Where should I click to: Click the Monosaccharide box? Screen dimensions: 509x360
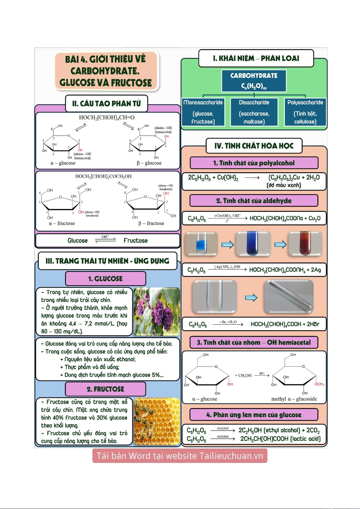[x=203, y=112]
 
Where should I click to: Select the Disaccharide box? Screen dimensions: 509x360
[x=254, y=112]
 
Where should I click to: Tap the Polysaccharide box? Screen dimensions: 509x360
[x=305, y=112]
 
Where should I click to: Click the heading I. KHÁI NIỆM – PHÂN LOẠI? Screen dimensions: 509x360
[x=256, y=58]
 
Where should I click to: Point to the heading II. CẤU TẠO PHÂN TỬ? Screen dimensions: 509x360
[x=107, y=104]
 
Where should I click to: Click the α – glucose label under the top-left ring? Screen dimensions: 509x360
[x=63, y=163]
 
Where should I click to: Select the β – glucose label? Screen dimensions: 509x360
[x=149, y=163]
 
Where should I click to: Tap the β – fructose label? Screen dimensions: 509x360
[x=151, y=224]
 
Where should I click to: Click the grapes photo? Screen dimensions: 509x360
[x=157, y=311]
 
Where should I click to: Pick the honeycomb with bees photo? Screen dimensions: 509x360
[x=157, y=421]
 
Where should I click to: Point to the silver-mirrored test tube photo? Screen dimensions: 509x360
[x=289, y=297]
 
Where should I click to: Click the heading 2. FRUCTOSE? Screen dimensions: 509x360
[x=105, y=389]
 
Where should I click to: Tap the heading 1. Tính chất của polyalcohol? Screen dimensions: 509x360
[x=254, y=163]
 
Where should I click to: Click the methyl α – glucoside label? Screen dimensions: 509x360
[x=294, y=399]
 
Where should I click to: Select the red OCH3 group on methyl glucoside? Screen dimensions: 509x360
[x=319, y=384]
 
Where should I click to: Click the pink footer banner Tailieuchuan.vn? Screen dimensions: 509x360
[x=180, y=456]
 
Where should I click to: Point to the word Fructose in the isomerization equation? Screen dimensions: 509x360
[x=136, y=241]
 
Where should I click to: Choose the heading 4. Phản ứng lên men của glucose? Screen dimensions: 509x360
[x=254, y=415]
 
